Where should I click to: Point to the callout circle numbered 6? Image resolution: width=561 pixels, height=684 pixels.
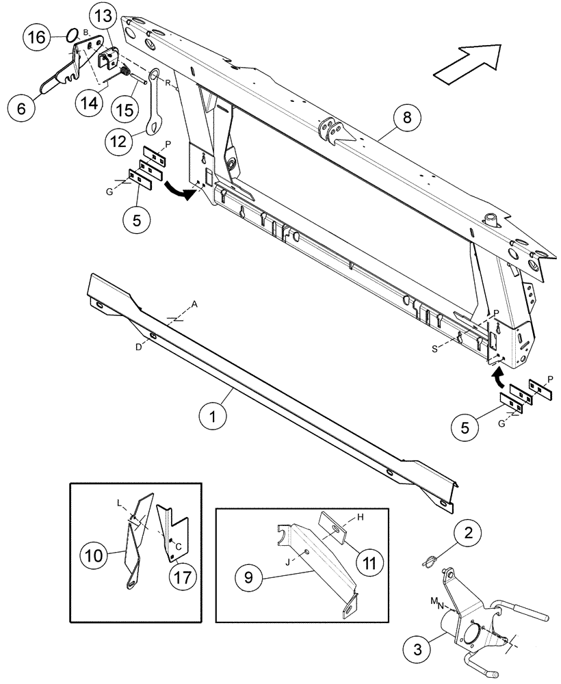point(21,108)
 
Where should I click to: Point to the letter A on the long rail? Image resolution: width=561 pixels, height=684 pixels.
point(193,306)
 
